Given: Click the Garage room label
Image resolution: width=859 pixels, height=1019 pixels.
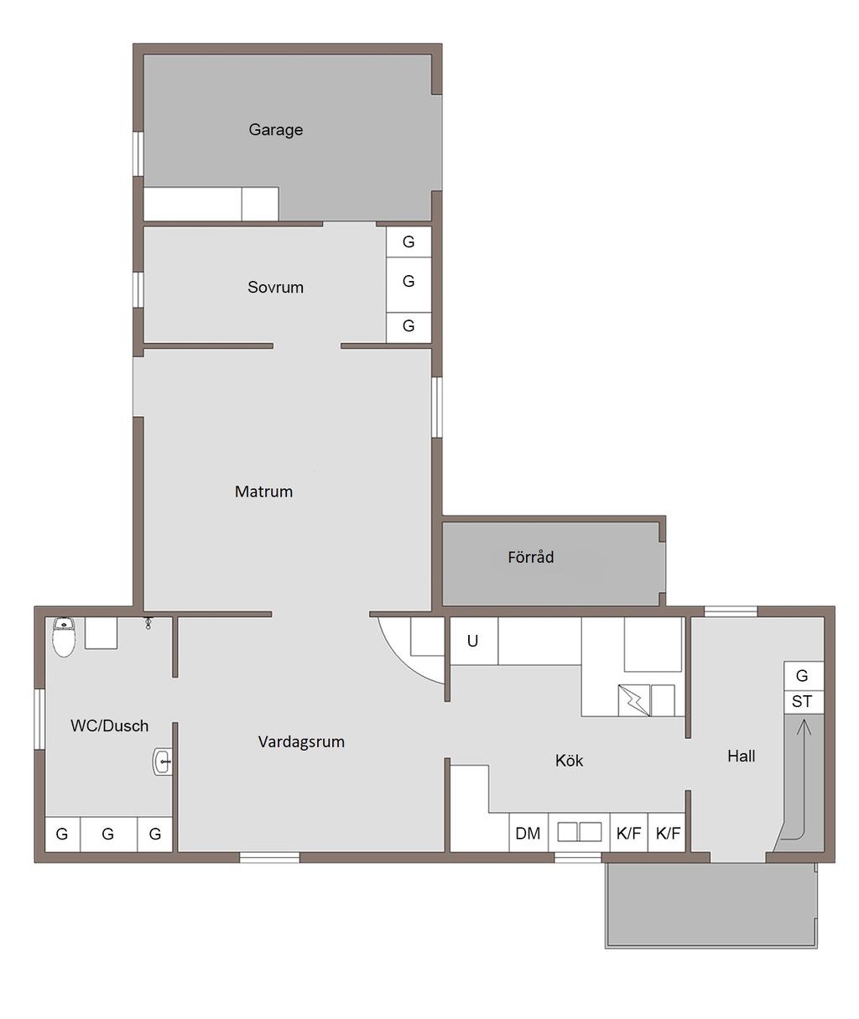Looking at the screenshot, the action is coord(276,130).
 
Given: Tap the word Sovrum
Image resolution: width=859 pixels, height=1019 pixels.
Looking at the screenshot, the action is coord(275,287).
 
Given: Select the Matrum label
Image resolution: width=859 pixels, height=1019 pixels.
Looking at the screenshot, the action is coord(263,491).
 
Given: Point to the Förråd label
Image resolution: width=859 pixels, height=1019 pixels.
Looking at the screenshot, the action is coord(530,557).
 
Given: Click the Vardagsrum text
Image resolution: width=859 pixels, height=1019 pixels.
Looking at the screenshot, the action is coord(301,741).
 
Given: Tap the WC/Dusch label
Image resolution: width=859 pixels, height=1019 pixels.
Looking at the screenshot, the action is coord(109,725).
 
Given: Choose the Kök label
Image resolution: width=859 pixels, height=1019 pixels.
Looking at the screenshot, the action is coord(569,761).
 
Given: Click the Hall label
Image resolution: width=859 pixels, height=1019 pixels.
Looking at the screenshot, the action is coord(742,756).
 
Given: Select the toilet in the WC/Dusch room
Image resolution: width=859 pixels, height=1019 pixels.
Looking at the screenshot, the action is coord(64,637).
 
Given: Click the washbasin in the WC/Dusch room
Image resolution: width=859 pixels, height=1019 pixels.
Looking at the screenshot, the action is coord(163,762).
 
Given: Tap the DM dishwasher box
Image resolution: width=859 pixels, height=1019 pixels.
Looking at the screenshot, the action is coord(528,833).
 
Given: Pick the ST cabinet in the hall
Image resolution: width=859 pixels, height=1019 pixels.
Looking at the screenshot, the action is coord(804,702).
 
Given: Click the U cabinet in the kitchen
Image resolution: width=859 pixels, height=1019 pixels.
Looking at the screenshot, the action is coord(473,641).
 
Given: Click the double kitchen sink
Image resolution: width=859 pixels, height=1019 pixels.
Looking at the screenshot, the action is coord(580,832).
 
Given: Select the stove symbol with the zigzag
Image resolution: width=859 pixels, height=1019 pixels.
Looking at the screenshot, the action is coord(634,700).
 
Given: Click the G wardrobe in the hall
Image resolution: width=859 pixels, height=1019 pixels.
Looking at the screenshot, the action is coord(804,676).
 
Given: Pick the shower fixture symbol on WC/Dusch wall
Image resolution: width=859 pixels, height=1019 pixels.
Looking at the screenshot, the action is coord(148,623).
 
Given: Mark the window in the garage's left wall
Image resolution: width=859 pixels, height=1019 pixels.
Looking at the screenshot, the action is coord(138,153).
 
